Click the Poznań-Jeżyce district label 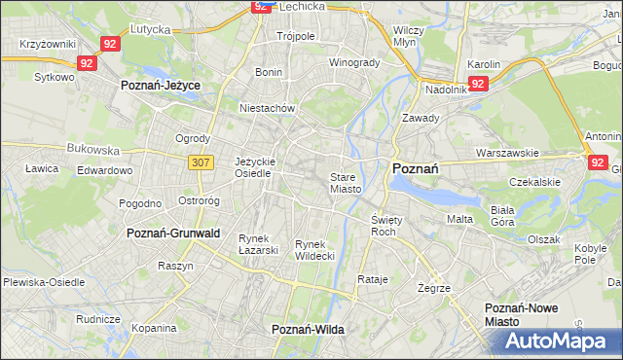[161, 86]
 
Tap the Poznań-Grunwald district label [174, 234]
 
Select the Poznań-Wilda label [308, 330]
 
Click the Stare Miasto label [346, 183]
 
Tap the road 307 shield [202, 162]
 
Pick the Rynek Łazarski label [259, 244]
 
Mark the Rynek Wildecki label [315, 249]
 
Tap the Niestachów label [267, 109]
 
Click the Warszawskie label [507, 154]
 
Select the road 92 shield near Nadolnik [477, 85]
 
